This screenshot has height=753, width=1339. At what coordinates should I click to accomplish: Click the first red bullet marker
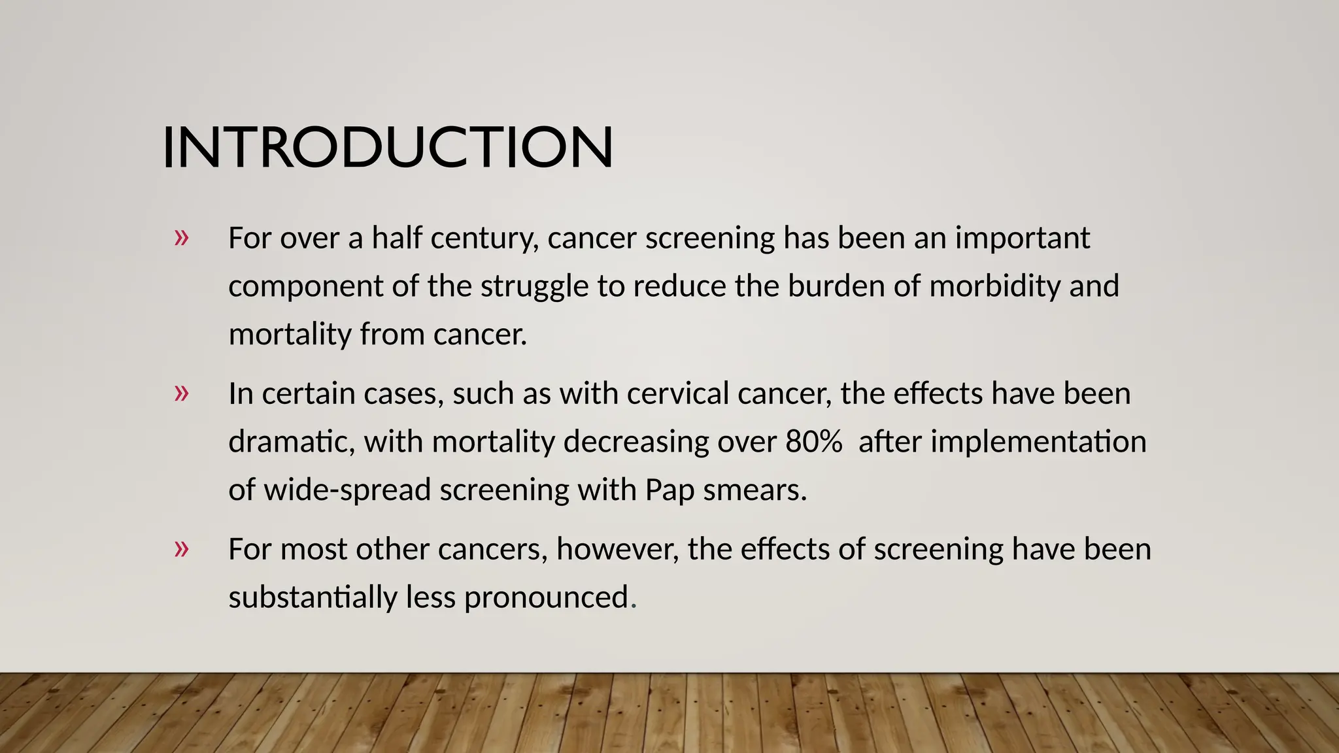[181, 237]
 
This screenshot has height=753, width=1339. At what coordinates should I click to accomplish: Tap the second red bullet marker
[181, 393]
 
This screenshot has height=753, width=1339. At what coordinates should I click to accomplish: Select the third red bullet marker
[181, 548]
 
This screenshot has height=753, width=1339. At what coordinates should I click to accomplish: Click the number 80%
[813, 442]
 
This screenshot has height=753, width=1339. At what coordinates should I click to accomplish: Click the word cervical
[677, 393]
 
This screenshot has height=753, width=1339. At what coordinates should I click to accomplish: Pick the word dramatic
[291, 442]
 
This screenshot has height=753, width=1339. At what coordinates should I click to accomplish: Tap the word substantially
[313, 597]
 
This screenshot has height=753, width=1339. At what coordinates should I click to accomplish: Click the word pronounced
[547, 597]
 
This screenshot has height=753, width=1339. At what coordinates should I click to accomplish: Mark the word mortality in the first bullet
[290, 335]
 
